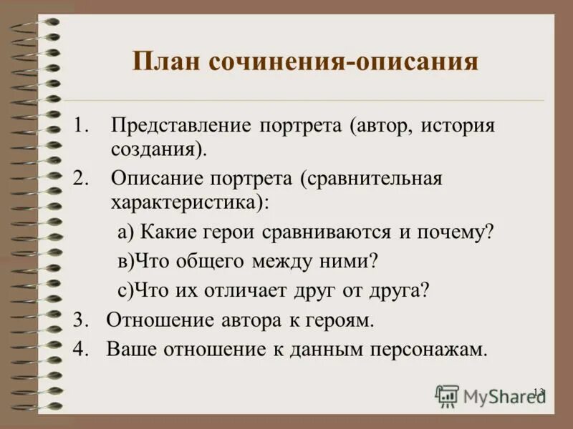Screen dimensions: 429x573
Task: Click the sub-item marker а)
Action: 125,233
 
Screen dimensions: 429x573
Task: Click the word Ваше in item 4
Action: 133,350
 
